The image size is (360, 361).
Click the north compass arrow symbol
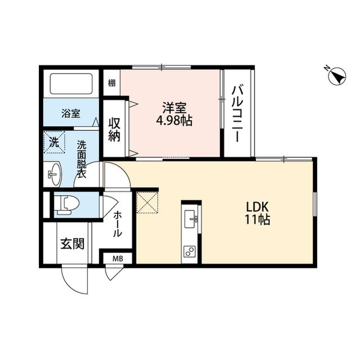336,76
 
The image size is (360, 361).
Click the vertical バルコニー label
238,112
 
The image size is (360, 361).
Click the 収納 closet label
115,129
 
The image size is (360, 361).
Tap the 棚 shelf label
112,83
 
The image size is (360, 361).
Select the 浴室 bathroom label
70,113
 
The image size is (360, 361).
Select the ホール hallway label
118,224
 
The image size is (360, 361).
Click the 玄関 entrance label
73,244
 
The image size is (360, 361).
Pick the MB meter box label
117,259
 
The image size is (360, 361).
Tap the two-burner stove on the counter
190,252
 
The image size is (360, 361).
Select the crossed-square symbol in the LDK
148,202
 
